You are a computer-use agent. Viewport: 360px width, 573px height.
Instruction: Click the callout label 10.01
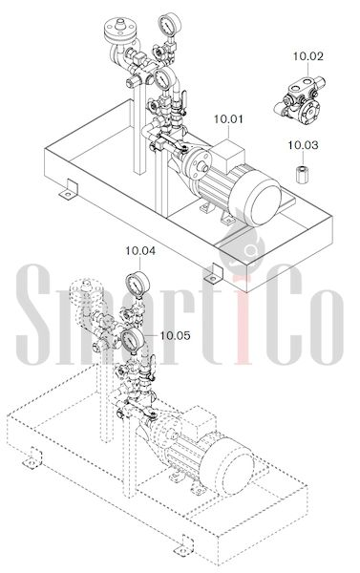(228, 119)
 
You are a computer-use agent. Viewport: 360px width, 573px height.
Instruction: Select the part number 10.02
(308, 56)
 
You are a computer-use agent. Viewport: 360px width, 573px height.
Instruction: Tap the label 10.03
(303, 145)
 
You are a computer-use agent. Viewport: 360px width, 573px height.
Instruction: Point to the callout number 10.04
(140, 250)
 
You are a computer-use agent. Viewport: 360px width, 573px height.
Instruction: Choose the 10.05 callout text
(176, 335)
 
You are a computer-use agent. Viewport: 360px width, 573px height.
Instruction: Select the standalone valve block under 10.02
(299, 99)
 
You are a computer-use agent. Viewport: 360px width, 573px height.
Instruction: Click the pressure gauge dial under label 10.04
(138, 284)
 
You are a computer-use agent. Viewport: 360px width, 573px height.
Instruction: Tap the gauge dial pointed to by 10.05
(132, 340)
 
